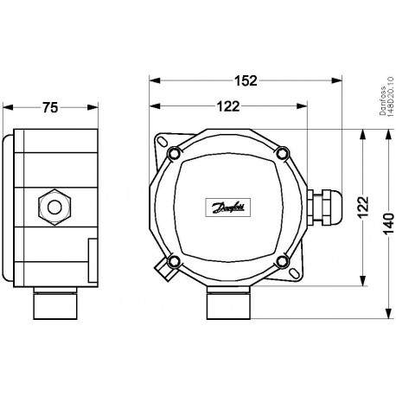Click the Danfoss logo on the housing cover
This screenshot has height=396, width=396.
point(227,207)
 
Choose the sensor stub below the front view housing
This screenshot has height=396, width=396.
point(228,303)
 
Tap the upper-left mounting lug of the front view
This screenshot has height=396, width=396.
point(162,138)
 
